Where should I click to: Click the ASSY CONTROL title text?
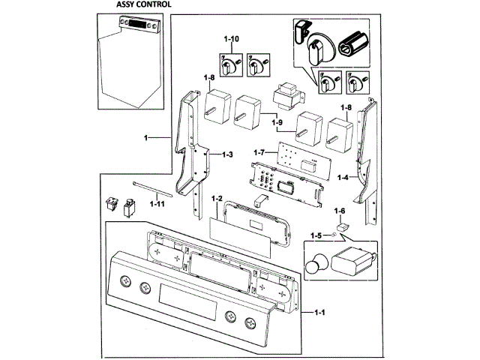tap(142, 4)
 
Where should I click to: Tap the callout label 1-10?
tap(231, 38)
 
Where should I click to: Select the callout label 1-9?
tap(277, 122)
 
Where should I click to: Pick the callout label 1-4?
tap(343, 178)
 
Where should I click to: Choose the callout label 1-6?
tap(339, 211)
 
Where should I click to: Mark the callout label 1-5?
tap(316, 235)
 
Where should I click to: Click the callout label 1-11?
tap(158, 203)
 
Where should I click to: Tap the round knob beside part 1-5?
tap(316, 265)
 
